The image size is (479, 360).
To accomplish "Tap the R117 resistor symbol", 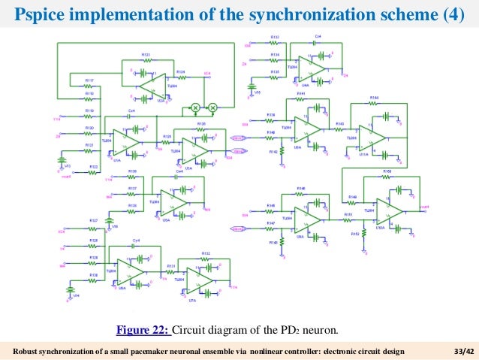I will (x=89, y=85).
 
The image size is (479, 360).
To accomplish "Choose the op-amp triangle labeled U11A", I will (x=372, y=137).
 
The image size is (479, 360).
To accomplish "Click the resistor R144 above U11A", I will (x=374, y=103).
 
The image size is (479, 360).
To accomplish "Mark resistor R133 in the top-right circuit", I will (x=275, y=41).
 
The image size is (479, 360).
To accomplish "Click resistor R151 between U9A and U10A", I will (x=348, y=219).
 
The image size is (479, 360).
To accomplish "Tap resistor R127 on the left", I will (x=94, y=225).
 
